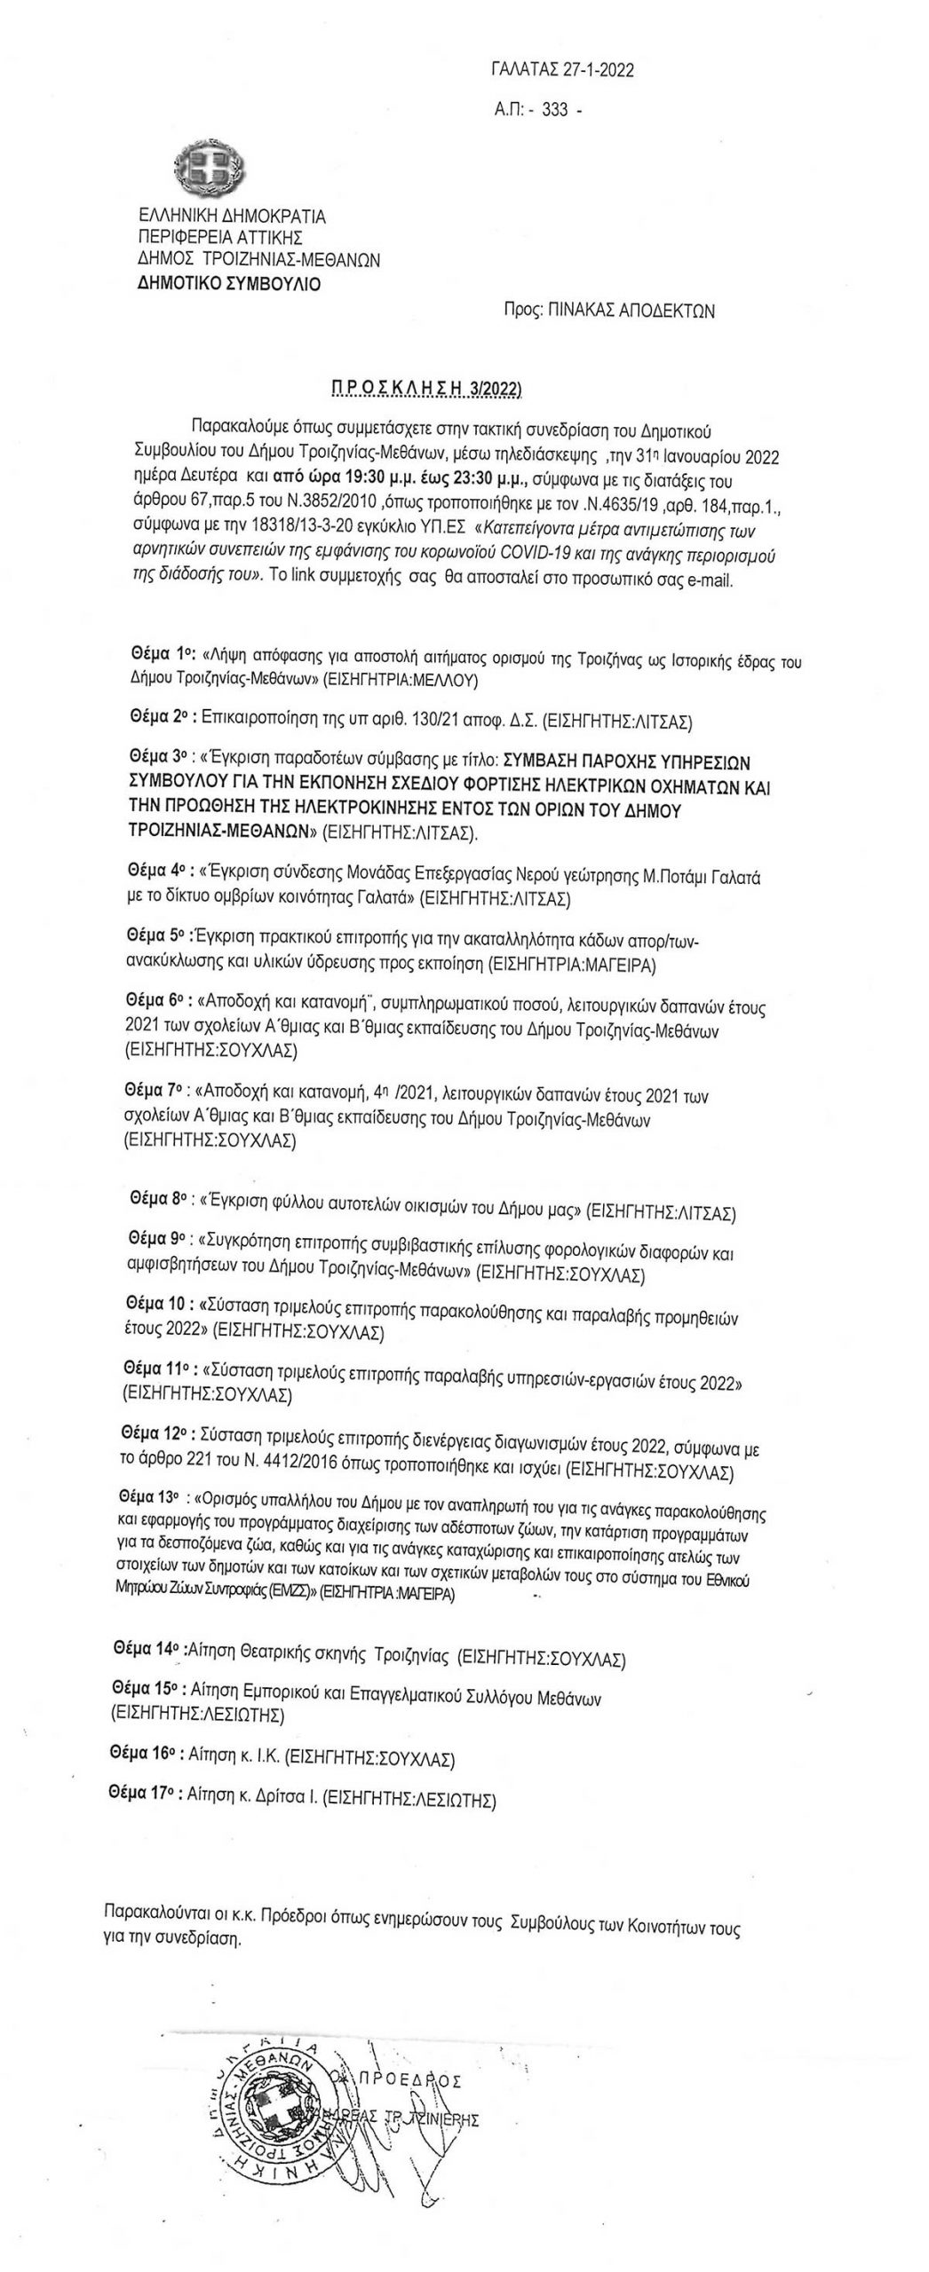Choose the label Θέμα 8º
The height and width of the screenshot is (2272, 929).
158,1198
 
